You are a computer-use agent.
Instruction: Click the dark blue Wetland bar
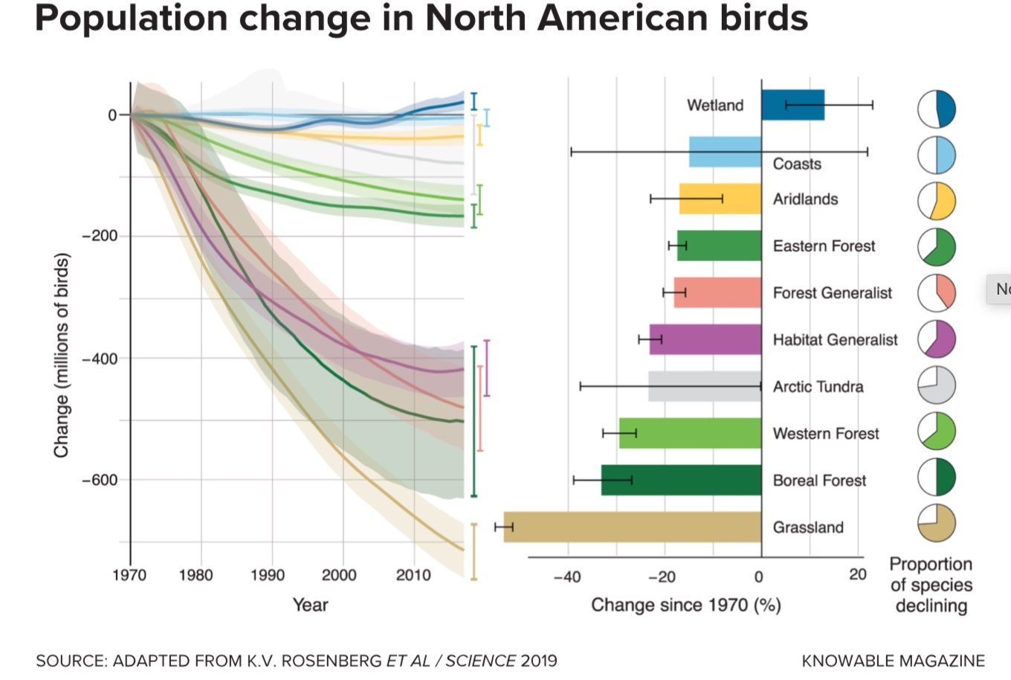point(792,105)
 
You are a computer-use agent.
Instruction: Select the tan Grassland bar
point(632,527)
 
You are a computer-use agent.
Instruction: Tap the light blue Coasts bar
point(725,152)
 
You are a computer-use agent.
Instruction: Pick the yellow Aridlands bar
point(720,199)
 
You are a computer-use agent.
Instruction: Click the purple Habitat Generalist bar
point(705,339)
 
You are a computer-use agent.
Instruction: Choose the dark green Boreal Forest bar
point(681,480)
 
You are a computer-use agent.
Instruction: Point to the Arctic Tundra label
point(818,387)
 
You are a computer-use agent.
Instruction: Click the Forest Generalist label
point(832,293)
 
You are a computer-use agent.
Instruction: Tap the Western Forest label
point(825,434)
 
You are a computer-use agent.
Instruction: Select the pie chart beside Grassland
point(936,523)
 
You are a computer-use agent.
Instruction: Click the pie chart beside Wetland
point(936,109)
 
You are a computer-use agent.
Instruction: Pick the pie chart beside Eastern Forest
point(936,247)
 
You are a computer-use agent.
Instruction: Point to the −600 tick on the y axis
point(100,480)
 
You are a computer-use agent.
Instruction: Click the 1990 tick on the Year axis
point(268,575)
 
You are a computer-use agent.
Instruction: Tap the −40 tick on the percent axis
point(566,577)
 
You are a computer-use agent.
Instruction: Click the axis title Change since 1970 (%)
point(685,605)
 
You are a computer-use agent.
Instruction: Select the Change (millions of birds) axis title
point(61,355)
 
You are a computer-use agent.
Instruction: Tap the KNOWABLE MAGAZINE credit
point(893,661)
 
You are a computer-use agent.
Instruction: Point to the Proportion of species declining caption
point(931,585)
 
